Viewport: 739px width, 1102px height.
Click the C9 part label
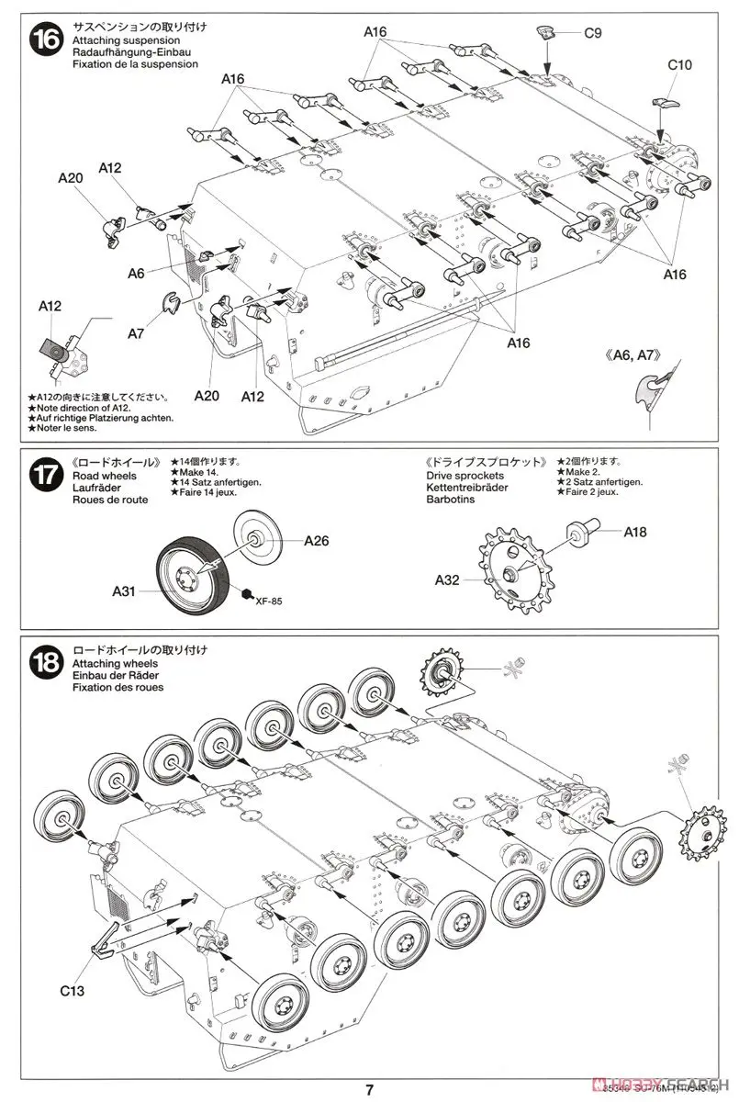[592, 33]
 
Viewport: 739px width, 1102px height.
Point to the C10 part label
[679, 66]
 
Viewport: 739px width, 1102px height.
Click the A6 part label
[137, 273]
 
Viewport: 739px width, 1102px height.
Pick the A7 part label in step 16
[137, 333]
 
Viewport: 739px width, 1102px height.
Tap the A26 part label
[316, 541]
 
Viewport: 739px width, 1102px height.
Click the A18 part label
[637, 531]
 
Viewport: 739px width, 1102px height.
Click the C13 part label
[73, 990]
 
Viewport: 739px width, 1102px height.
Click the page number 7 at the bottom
[368, 1089]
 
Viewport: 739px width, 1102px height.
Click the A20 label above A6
[71, 179]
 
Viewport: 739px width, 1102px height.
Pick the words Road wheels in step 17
[101, 477]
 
